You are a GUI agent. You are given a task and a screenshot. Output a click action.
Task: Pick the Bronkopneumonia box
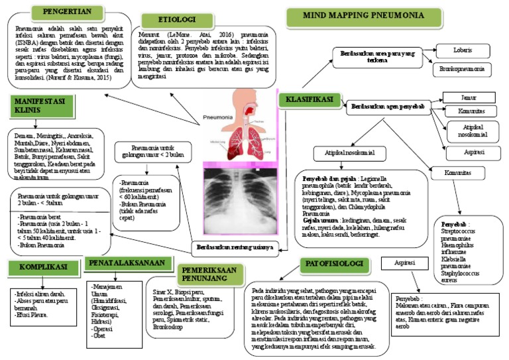[x=463, y=68]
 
